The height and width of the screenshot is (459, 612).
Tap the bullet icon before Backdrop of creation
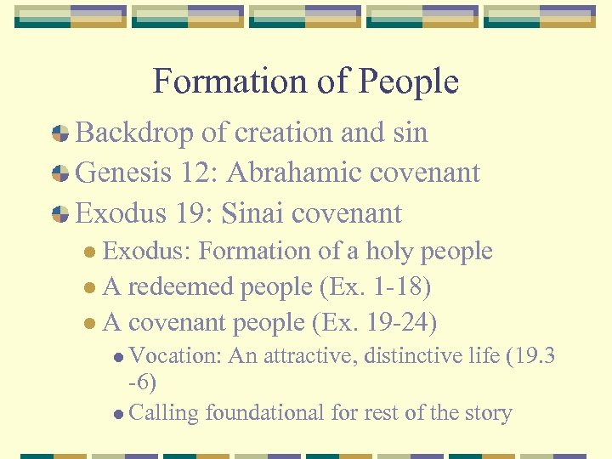pyautogui.click(x=60, y=133)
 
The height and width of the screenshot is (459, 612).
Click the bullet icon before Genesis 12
pyautogui.click(x=60, y=174)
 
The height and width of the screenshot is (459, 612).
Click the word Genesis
pyautogui.click(x=124, y=173)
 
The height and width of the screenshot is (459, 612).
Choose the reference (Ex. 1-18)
pyautogui.click(x=375, y=287)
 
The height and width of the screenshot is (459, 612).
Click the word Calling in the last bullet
pyautogui.click(x=164, y=413)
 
